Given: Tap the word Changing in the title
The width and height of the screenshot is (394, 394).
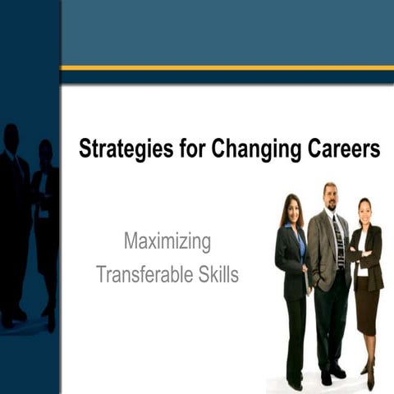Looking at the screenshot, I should tap(251, 149).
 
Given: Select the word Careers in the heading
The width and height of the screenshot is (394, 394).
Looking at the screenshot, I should tap(339, 149).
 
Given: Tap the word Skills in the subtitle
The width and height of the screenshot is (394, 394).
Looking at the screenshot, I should tap(215, 274).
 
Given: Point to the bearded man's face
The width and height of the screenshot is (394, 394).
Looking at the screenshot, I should tap(330, 197).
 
